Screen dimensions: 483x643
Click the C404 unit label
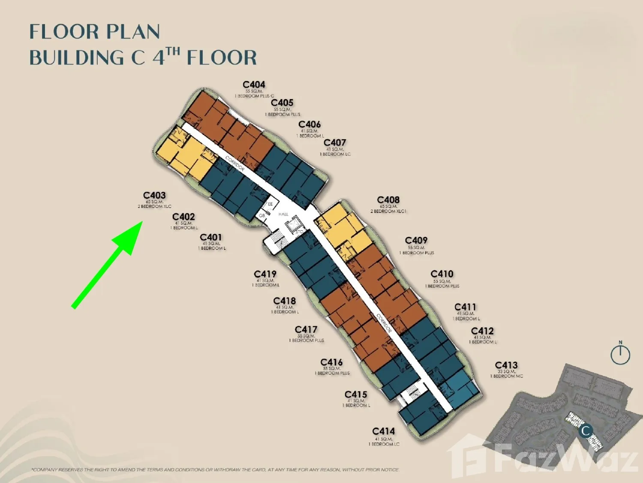[254, 85]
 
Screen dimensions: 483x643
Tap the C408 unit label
[388, 200]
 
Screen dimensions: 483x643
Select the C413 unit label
[506, 365]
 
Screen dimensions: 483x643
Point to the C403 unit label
[154, 195]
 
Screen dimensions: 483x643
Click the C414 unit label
[383, 431]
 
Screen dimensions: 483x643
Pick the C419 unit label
[265, 274]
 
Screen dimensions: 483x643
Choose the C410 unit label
[442, 274]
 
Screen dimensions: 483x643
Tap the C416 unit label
[331, 362]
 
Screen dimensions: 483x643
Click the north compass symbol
[620, 354]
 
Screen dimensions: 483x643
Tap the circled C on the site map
[585, 431]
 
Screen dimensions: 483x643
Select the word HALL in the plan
[283, 214]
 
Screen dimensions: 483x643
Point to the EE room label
[270, 204]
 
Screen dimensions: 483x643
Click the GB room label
[261, 216]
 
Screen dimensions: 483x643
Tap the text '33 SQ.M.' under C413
[506, 371]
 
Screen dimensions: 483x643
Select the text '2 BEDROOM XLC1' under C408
[388, 211]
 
